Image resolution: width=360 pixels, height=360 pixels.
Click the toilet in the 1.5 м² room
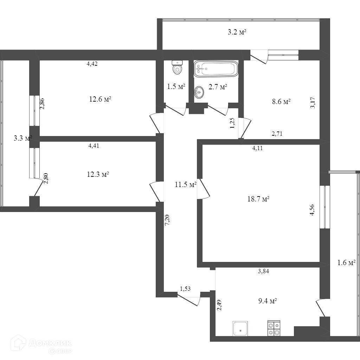coord(178,67)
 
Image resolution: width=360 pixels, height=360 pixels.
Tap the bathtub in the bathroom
coord(216,69)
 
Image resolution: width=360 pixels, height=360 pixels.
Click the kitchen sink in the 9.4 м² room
coord(240,328)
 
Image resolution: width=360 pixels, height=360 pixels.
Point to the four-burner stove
coord(274,328)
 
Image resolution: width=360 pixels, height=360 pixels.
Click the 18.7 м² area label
coord(258,199)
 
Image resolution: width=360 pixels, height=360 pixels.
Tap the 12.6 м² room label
coord(100,99)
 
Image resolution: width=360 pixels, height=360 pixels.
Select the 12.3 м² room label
coord(98,174)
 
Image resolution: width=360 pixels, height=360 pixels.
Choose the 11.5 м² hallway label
coord(185,184)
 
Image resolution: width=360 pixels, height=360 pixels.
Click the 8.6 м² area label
coord(281,102)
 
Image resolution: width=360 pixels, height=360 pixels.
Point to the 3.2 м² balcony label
coord(237,33)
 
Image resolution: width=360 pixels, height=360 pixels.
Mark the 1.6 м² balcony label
coord(346,262)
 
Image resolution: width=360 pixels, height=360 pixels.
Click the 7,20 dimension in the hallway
coord(168,219)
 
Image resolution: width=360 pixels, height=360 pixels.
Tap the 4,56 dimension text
coord(312,210)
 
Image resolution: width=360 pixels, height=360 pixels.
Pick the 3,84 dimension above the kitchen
coord(266,271)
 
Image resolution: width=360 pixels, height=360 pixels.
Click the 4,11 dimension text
coord(258,148)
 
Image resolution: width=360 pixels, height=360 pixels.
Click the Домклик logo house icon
coord(18,343)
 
